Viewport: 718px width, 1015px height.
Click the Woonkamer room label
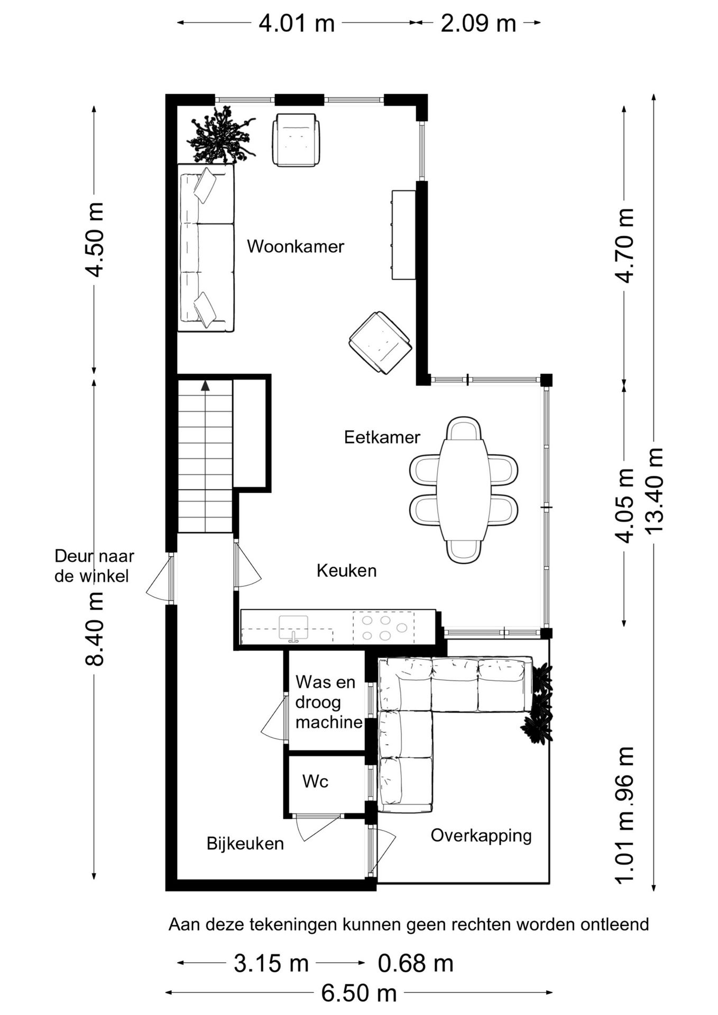coord(296,246)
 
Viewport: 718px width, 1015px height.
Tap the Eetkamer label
coord(382,437)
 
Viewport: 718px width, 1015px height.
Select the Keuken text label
coord(346,570)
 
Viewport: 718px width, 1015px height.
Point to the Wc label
coord(315,781)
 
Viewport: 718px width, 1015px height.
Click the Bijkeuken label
coord(245,843)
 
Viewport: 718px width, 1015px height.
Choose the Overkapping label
coord(481,836)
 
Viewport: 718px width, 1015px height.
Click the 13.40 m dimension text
coord(654,491)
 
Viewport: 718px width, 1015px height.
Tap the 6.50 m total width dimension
coord(359,993)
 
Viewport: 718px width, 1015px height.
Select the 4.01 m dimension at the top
coord(297,23)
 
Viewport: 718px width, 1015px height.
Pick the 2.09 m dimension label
coord(478,23)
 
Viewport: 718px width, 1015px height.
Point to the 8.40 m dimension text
coord(95,629)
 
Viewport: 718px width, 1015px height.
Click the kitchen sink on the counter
coord(293,628)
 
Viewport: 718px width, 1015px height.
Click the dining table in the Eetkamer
coord(463,490)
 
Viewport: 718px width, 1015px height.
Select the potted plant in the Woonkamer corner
coord(221,135)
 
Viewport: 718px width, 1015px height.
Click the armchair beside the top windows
coord(296,140)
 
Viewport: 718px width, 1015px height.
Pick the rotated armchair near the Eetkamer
coord(380,343)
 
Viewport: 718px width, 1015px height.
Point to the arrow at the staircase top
coord(205,385)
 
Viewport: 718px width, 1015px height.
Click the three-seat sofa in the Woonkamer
coord(206,248)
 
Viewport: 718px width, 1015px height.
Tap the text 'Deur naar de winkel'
coord(95,566)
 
